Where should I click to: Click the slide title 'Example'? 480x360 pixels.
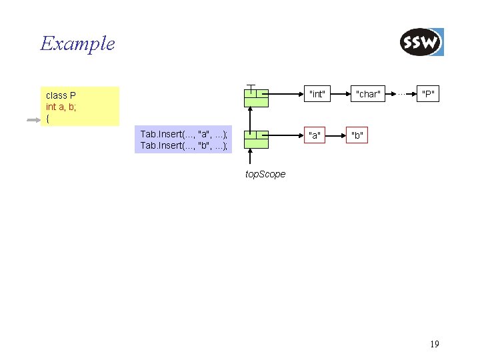click(x=77, y=44)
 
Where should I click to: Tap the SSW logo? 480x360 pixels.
click(x=421, y=43)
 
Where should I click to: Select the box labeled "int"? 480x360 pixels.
click(x=317, y=94)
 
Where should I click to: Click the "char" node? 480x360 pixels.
click(x=368, y=94)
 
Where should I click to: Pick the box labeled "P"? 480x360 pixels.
click(x=428, y=94)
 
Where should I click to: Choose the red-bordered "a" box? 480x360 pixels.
click(x=315, y=135)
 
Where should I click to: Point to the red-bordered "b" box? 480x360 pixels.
click(x=357, y=135)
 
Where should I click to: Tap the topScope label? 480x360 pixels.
click(x=265, y=174)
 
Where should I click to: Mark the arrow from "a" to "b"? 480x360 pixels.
click(x=336, y=135)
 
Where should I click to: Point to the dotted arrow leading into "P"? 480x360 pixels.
click(x=402, y=94)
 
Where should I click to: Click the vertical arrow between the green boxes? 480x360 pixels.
click(x=250, y=119)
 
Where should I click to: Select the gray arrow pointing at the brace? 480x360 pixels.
click(x=34, y=120)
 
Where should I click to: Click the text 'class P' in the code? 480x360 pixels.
click(x=61, y=95)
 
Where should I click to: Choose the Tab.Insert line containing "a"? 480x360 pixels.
click(x=183, y=134)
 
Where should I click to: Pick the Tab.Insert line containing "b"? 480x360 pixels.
click(x=183, y=145)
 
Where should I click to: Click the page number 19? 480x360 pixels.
click(x=435, y=344)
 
